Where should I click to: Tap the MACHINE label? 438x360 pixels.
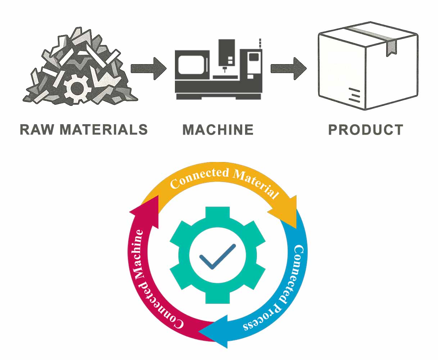click(218, 130)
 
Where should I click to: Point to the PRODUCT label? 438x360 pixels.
click(366, 130)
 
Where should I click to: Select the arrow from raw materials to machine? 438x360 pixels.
click(148, 68)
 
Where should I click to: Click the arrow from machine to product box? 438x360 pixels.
click(288, 68)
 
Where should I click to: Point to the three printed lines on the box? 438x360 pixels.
click(354, 95)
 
